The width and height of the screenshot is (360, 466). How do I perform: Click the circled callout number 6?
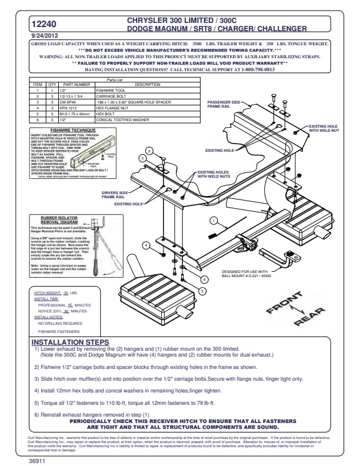click(x=204, y=279)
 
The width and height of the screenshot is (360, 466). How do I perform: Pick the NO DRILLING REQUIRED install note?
click(x=60, y=324)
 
